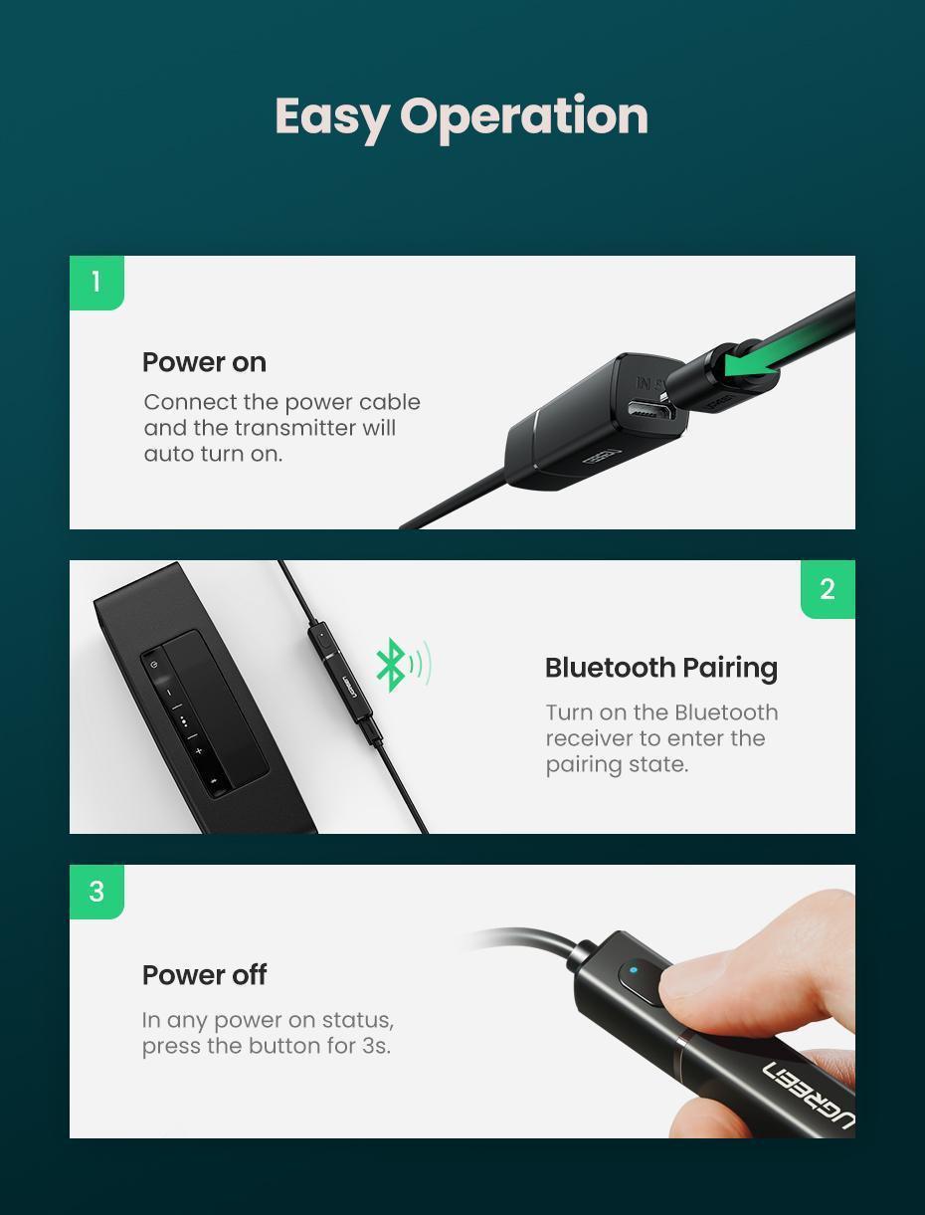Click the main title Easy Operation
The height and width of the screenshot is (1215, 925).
[x=462, y=116]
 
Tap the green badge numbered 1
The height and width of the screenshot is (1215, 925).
[x=96, y=283]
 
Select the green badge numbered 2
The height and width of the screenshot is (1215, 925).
[x=828, y=589]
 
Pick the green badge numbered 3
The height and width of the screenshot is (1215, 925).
[x=96, y=892]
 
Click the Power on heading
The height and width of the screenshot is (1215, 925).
[x=204, y=362]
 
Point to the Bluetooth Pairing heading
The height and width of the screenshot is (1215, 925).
[x=660, y=668]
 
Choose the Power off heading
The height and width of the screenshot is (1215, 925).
[x=204, y=975]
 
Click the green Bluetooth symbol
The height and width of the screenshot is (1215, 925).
[x=391, y=665]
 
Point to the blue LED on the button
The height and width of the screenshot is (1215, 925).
[x=634, y=969]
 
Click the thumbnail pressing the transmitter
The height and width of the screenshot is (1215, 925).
[x=696, y=979]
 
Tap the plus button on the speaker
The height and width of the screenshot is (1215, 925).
[x=199, y=751]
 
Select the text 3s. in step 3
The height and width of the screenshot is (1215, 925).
[x=374, y=1046]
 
